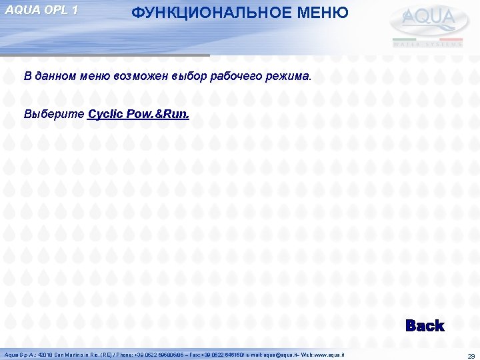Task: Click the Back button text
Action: pyautogui.click(x=424, y=325)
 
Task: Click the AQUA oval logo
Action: pyautogui.click(x=427, y=20)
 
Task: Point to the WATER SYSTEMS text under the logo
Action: pyautogui.click(x=427, y=44)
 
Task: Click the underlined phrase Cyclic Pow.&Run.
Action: pyautogui.click(x=138, y=114)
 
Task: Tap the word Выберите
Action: pyautogui.click(x=54, y=114)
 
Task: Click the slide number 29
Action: pyautogui.click(x=471, y=356)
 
